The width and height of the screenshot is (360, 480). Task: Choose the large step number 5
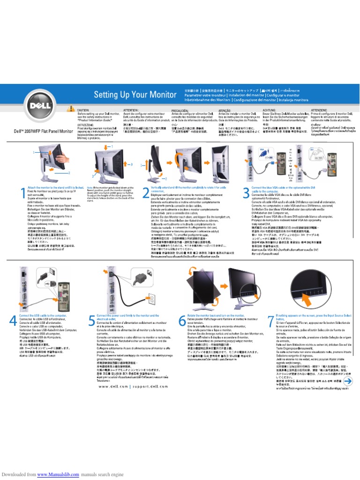[x=91, y=321]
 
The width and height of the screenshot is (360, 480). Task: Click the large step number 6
[x=182, y=321]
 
